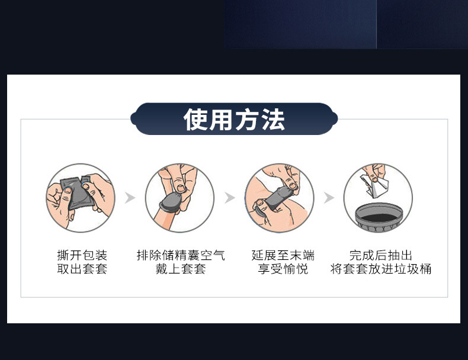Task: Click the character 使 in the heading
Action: (x=196, y=120)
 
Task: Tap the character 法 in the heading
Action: (x=273, y=120)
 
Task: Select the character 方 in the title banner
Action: (x=248, y=120)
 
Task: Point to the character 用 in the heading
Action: (x=222, y=120)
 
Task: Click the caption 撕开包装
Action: (x=82, y=255)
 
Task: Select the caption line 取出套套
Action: (x=82, y=269)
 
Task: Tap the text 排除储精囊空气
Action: (x=181, y=255)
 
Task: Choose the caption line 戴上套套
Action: (x=181, y=269)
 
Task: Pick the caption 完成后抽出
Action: (x=380, y=255)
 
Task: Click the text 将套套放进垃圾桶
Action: (x=380, y=269)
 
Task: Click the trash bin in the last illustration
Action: (x=378, y=216)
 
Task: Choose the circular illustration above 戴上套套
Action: (x=179, y=198)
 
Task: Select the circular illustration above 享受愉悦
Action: (x=279, y=198)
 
